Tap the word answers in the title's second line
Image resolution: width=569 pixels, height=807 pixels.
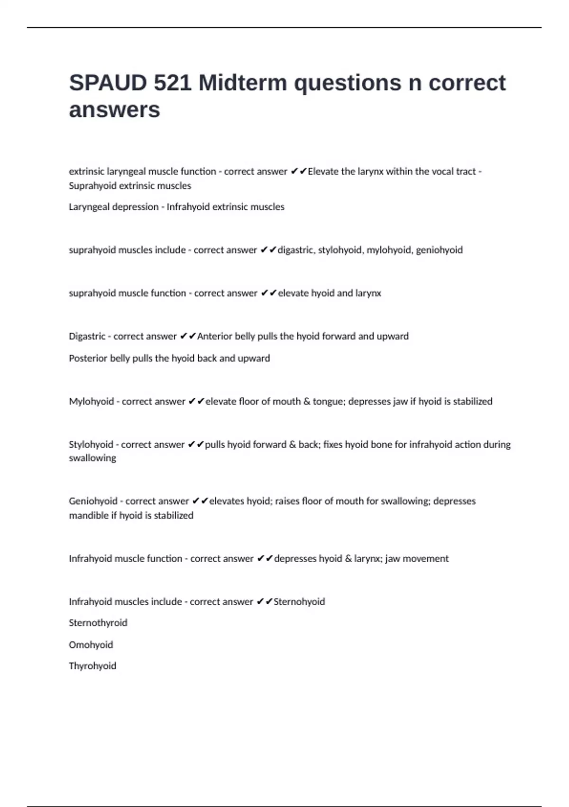114,110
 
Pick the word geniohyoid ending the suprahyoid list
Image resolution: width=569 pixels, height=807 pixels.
439,250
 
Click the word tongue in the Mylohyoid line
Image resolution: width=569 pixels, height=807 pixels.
328,402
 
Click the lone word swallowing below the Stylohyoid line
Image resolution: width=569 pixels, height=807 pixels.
92,458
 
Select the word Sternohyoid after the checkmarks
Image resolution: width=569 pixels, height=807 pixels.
299,602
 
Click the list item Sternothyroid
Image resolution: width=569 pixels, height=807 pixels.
98,623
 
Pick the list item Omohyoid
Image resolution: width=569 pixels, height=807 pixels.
91,645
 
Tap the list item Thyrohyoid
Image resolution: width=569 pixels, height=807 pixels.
92,666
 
